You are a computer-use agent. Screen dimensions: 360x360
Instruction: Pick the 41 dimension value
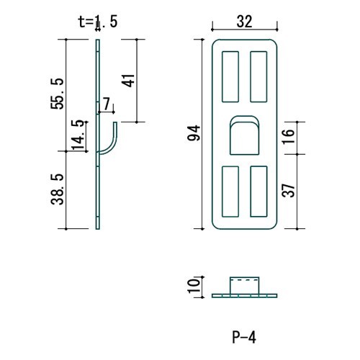(130, 80)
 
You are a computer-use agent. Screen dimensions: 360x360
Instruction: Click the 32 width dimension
(245, 22)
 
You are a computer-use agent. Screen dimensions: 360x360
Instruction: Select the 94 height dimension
(192, 134)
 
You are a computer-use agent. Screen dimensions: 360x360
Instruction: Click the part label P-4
(244, 336)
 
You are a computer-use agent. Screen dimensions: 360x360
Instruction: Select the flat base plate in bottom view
(245, 294)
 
